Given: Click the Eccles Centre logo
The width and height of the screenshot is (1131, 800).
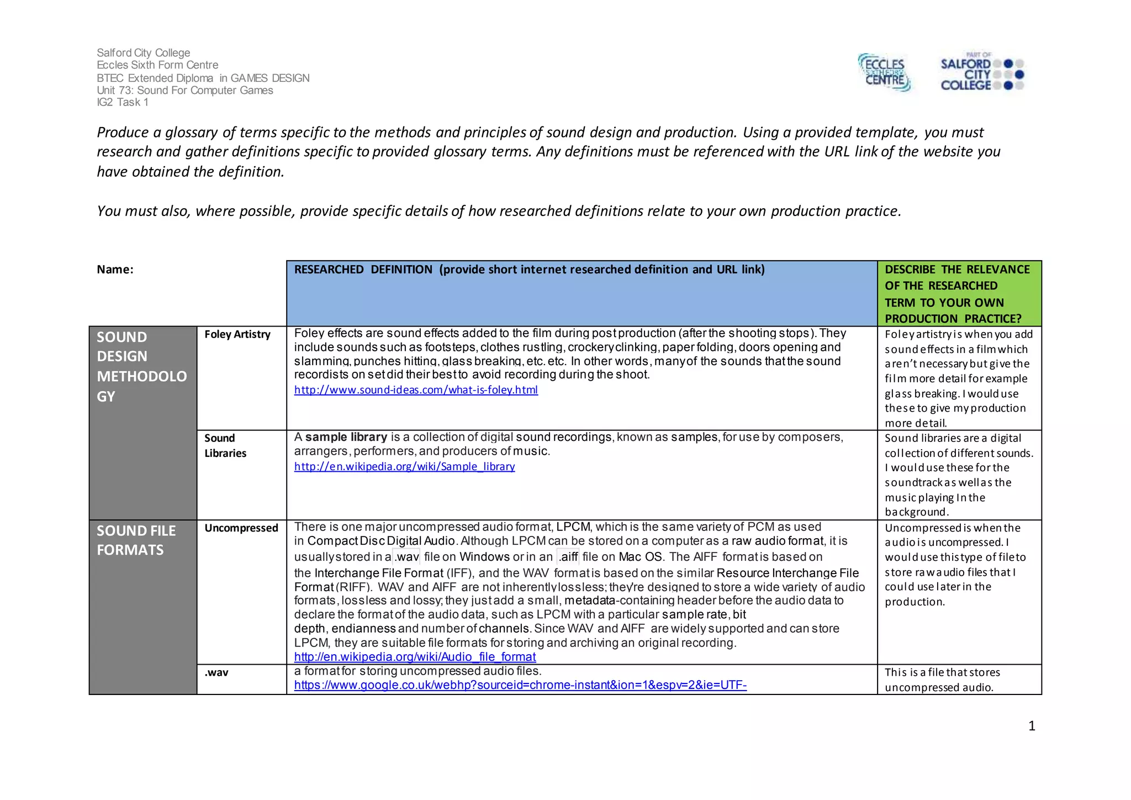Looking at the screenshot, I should (x=885, y=72).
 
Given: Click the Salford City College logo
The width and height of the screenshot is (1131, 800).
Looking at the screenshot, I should (x=982, y=72).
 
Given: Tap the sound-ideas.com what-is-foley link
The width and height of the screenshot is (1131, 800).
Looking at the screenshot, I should (x=416, y=390).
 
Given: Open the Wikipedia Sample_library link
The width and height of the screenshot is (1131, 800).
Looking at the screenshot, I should (x=404, y=466).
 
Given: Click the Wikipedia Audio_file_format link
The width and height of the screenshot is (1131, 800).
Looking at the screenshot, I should (x=415, y=657).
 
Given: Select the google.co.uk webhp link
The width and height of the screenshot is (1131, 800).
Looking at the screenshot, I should (x=520, y=685).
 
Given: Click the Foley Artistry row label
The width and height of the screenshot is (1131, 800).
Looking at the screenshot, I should (x=237, y=334).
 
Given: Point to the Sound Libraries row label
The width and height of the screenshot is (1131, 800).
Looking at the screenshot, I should (x=225, y=445).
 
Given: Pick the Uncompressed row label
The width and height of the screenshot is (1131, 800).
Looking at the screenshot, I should (x=241, y=528).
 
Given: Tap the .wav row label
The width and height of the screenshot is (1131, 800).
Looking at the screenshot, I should (x=216, y=672).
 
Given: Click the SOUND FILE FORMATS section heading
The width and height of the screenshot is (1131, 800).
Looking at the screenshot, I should (x=136, y=540).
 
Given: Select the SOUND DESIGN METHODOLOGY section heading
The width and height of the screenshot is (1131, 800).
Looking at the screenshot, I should (x=141, y=366).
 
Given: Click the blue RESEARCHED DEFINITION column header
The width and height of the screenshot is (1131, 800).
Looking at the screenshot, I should (x=529, y=270).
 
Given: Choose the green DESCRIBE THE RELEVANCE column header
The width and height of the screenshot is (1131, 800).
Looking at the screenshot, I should (x=957, y=294).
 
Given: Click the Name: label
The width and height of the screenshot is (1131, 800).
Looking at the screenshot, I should (x=115, y=270).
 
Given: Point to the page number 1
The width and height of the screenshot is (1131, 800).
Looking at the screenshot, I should (x=1032, y=726).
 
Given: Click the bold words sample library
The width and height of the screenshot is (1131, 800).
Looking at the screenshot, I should (x=346, y=437).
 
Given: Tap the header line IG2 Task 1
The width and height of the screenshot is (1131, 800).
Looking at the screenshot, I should (x=123, y=102).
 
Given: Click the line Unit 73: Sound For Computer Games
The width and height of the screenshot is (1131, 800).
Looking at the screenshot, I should (x=184, y=90).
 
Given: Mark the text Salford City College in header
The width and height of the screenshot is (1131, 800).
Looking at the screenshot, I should (x=144, y=52).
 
